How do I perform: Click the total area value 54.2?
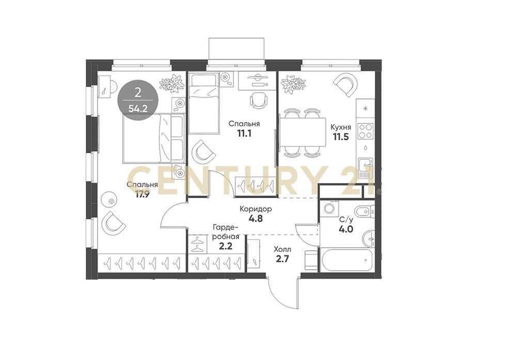coord(138,108)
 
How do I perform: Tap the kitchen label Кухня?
coord(341,127)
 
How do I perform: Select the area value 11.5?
coord(341,137)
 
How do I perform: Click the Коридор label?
coord(256,209)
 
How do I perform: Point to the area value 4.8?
coord(256,218)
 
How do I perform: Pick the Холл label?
coord(282,250)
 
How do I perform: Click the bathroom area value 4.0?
coord(346,229)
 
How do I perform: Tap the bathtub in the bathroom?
coord(347,260)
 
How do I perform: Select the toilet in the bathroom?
coord(363,212)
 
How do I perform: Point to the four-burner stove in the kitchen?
coord(365,131)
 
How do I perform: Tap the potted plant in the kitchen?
coord(293,84)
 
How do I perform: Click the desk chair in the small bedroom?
coord(258,99)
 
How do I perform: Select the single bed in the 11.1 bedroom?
coord(204,104)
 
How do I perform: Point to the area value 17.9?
coord(142,194)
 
